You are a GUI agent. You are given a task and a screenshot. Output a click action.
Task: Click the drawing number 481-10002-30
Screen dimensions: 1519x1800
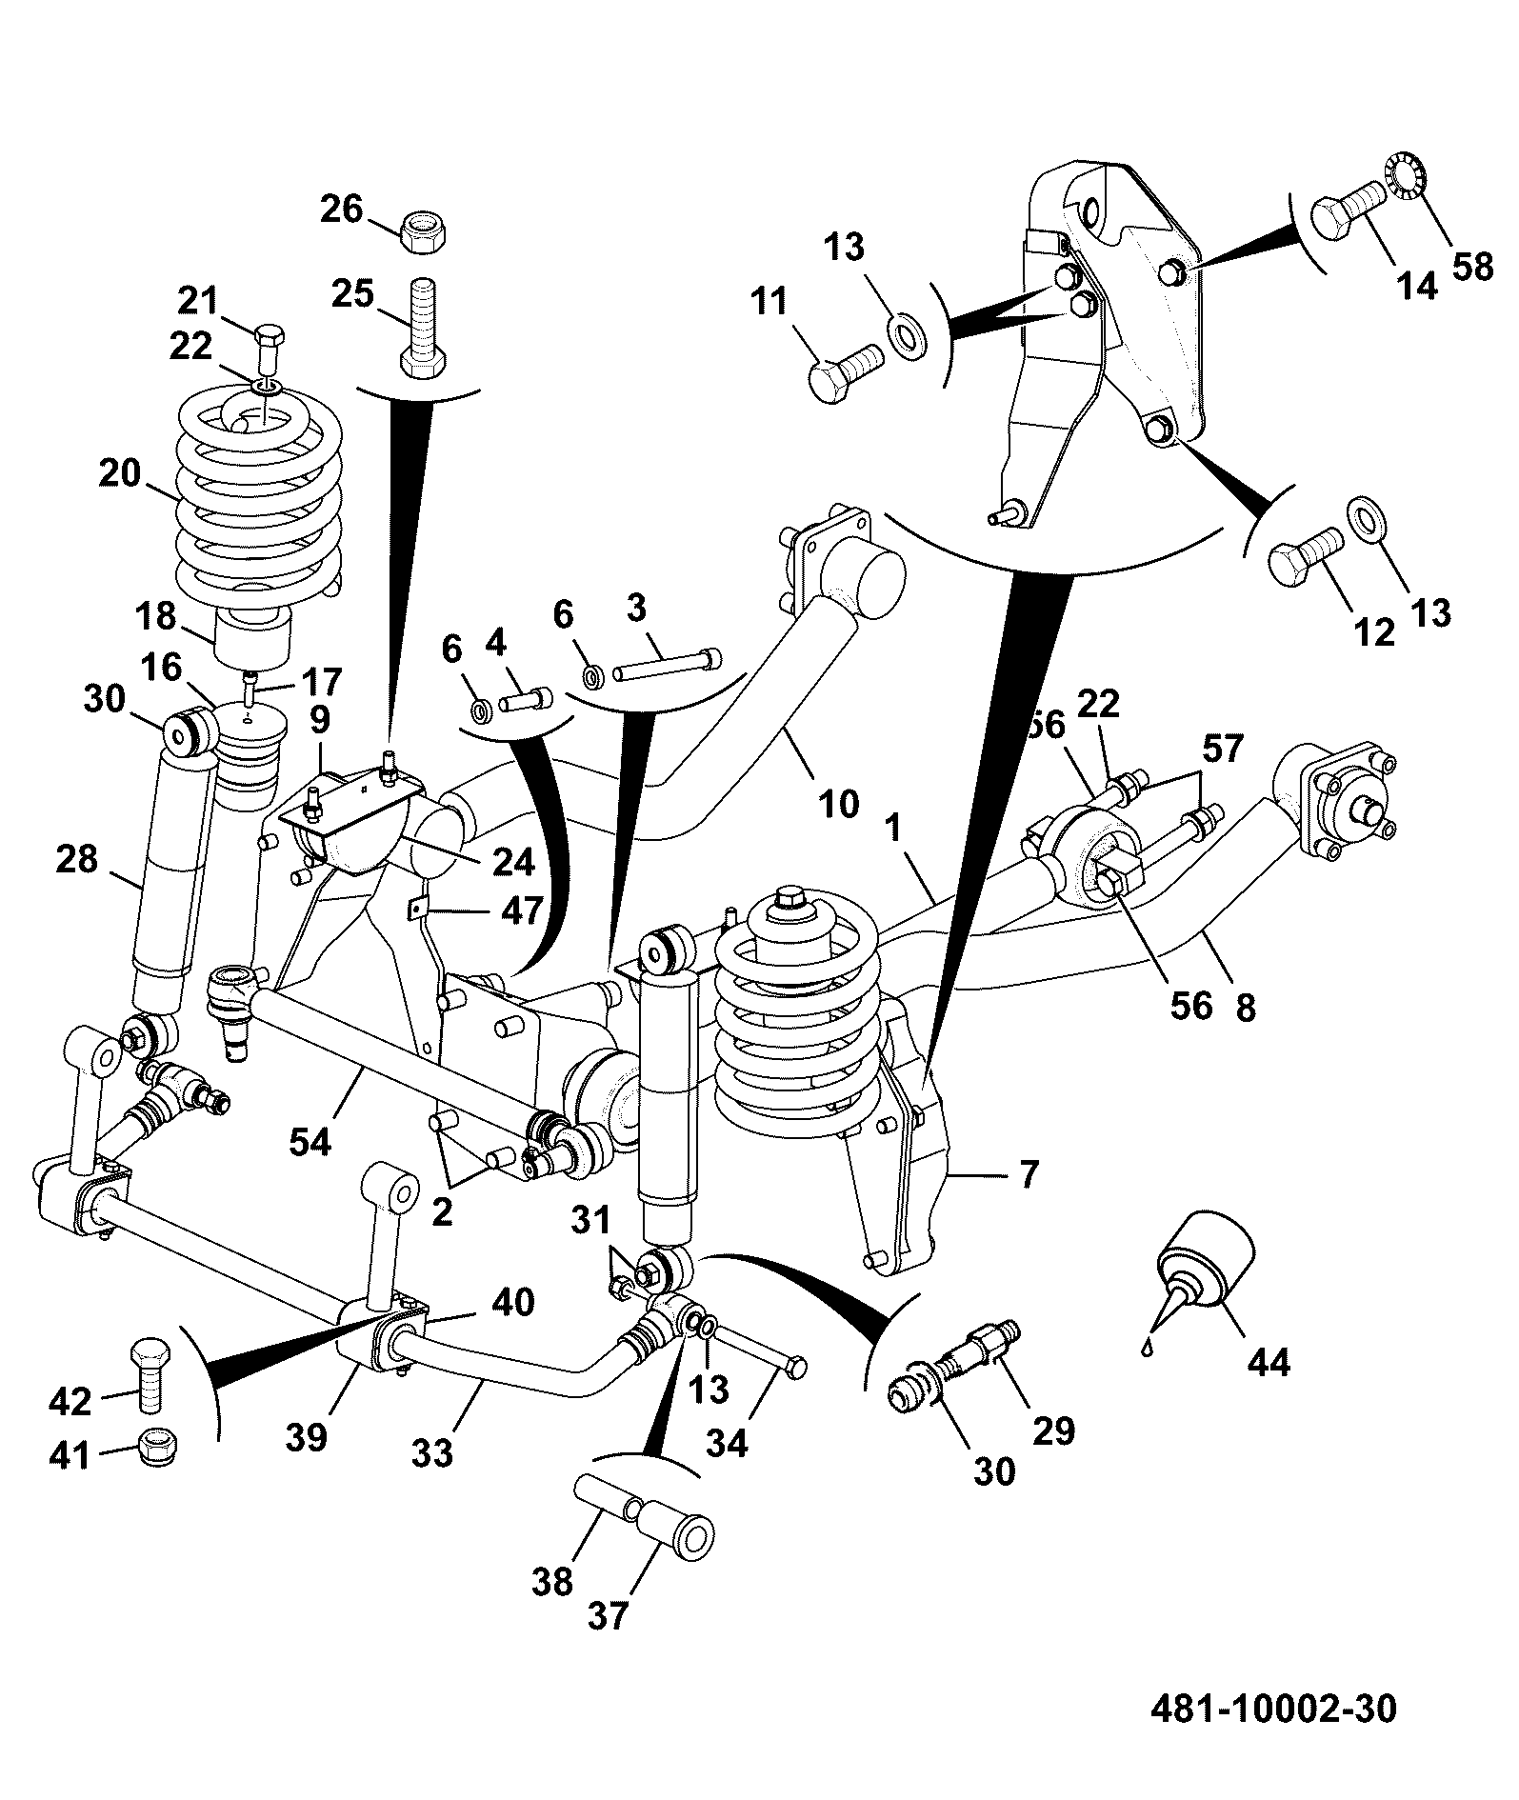click(1273, 1708)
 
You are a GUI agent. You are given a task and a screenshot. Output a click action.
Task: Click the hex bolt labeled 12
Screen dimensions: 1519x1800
click(1306, 556)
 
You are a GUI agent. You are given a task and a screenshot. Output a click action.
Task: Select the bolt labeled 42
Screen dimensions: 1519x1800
click(150, 1374)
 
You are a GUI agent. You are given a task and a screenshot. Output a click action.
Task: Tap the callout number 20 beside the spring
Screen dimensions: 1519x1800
click(120, 472)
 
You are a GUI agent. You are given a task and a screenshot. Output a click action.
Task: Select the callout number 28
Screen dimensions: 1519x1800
click(78, 859)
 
